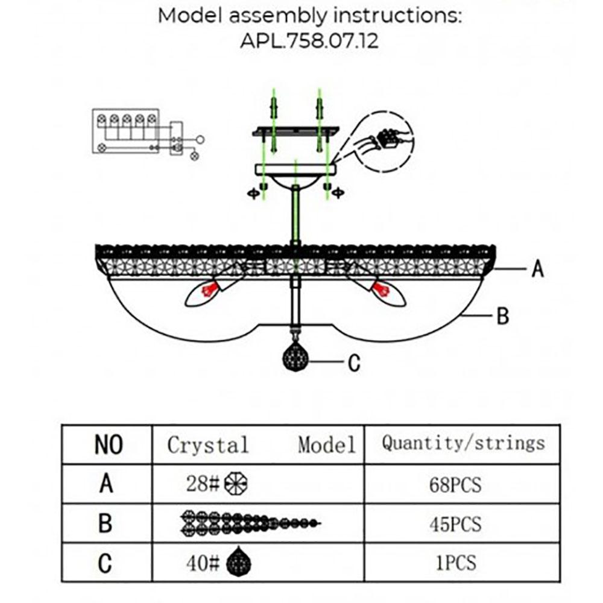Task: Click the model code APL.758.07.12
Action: [309, 41]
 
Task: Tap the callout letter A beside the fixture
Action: [537, 268]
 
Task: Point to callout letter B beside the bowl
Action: [503, 315]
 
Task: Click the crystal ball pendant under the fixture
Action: [295, 358]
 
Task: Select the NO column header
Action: [109, 445]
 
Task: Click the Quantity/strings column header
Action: [463, 443]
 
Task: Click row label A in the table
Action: [106, 484]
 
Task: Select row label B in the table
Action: [106, 523]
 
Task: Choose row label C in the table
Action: [106, 563]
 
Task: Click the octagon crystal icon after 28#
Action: [236, 484]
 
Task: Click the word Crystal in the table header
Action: [208, 446]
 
